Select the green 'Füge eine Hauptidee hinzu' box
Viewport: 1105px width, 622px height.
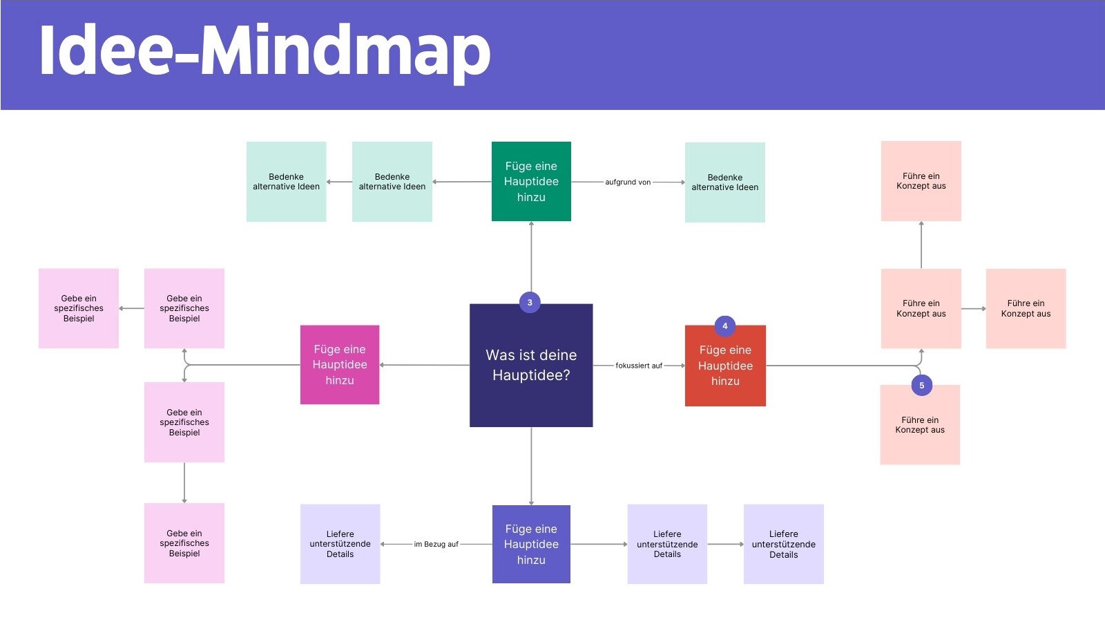(531, 181)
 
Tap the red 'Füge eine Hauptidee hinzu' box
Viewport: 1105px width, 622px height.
(725, 366)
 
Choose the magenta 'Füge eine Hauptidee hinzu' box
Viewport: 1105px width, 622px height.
(340, 365)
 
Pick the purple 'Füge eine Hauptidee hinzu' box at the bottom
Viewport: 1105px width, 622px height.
(531, 544)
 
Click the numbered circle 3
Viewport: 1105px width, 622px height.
(530, 302)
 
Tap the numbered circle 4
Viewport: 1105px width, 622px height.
(724, 326)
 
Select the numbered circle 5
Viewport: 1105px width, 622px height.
(921, 386)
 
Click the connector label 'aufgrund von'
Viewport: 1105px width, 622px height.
(628, 182)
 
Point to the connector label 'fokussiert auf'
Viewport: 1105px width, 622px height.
(639, 366)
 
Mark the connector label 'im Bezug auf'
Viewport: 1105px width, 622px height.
(436, 545)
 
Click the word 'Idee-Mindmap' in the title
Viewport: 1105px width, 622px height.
(265, 52)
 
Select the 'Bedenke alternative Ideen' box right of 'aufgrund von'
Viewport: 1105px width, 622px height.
(724, 182)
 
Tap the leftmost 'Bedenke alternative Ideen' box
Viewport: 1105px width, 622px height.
(286, 182)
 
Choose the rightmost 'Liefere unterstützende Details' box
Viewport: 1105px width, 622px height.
(783, 544)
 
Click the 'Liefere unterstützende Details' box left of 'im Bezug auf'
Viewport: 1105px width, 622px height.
(340, 544)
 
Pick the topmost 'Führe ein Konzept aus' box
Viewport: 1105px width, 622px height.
(921, 181)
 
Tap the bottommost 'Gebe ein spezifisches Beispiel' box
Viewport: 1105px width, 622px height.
(184, 543)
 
